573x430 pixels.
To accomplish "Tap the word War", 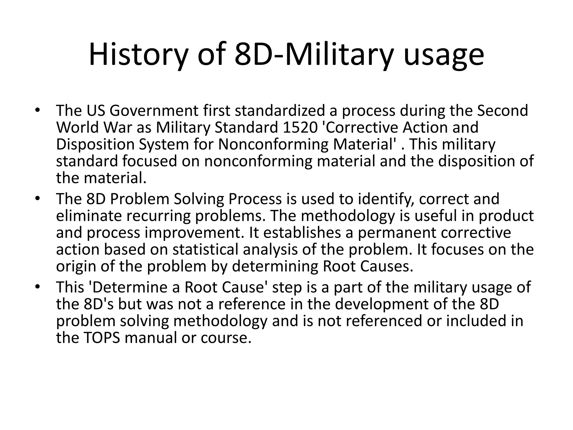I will [119, 127].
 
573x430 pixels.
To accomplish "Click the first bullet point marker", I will [37, 110].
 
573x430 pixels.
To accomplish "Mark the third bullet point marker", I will [37, 287].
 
